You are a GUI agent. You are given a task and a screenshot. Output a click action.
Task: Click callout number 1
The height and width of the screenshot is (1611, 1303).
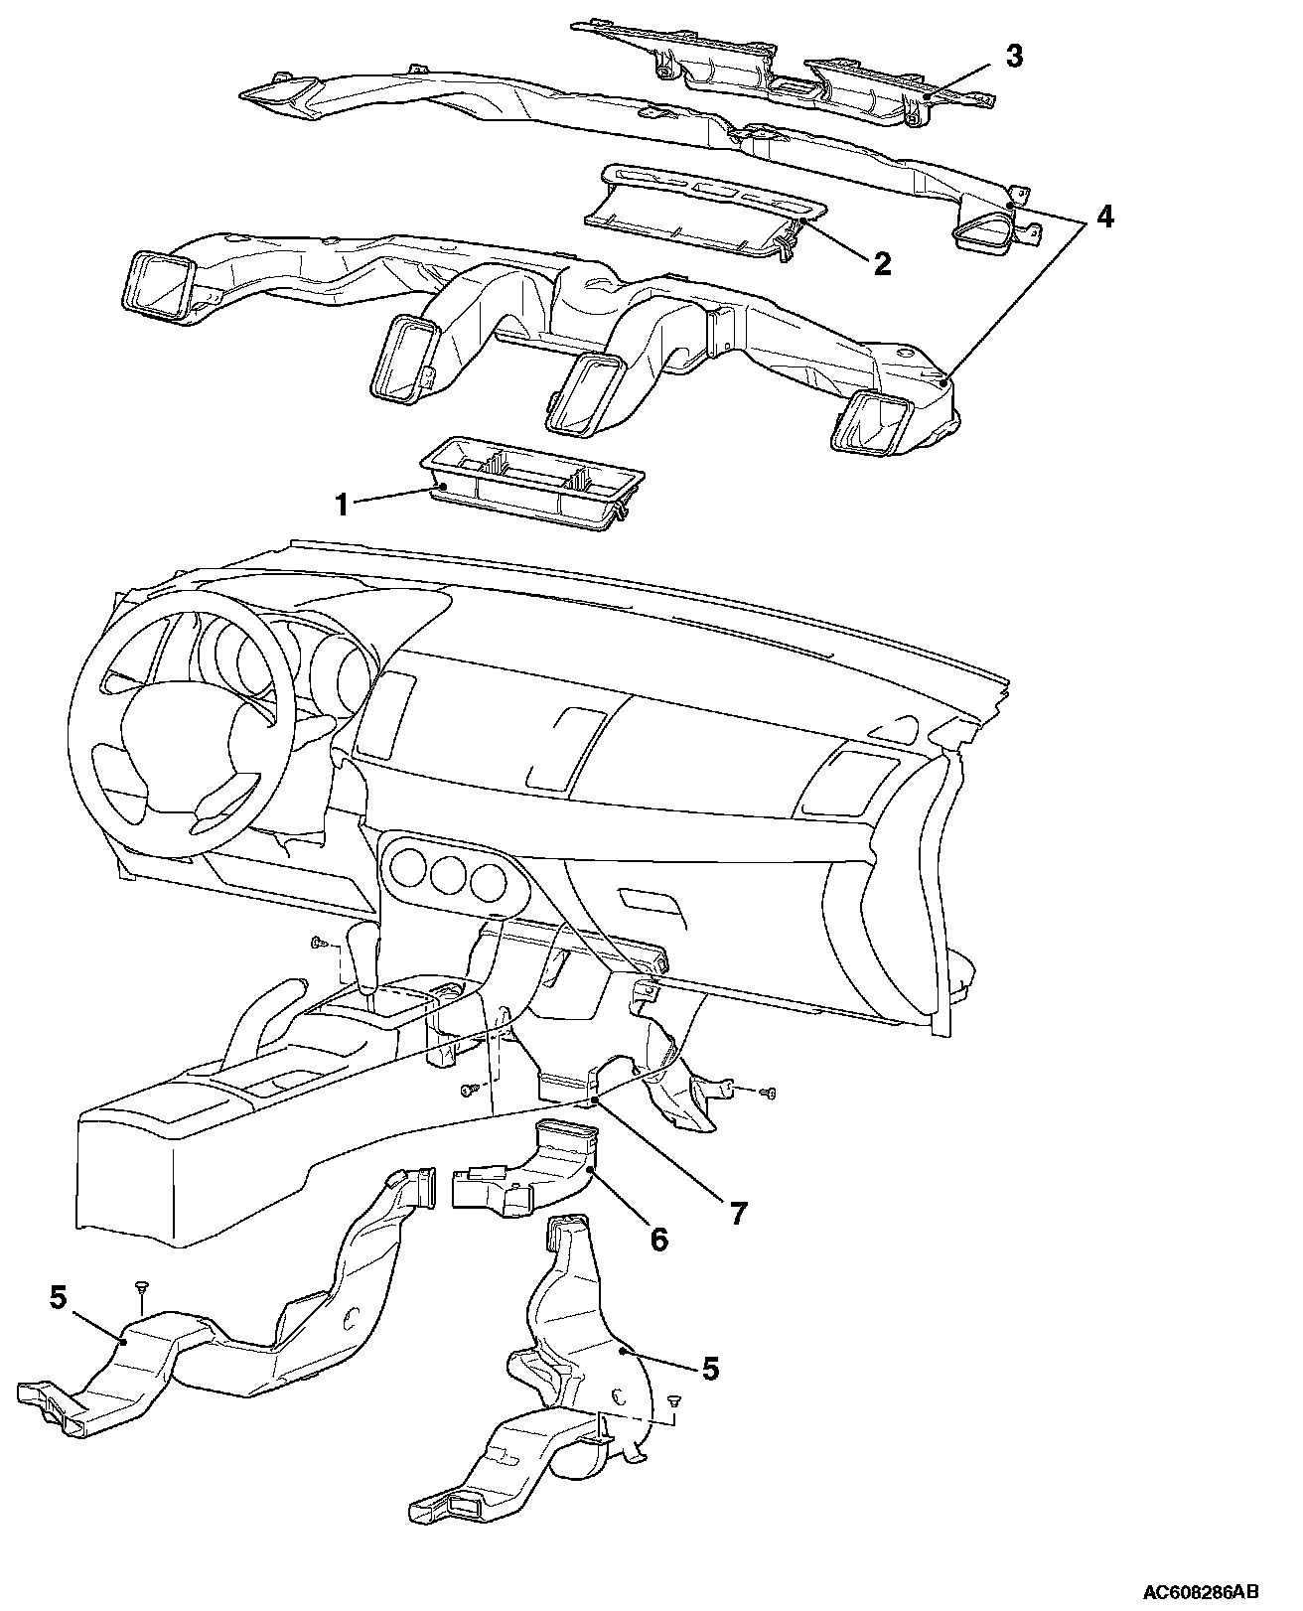341,505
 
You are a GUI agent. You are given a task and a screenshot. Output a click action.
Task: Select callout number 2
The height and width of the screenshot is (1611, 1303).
882,263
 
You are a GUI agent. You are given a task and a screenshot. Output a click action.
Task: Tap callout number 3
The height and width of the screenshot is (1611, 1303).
1013,56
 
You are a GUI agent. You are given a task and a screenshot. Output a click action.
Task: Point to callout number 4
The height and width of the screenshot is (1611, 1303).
1105,217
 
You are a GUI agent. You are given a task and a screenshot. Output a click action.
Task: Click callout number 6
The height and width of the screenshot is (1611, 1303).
658,1239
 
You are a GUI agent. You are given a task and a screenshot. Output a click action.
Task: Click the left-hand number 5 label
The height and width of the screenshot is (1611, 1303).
59,1297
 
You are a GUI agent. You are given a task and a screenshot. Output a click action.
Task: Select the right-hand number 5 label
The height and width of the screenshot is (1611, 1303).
709,1368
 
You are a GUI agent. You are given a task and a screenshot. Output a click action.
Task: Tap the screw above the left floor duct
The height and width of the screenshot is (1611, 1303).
142,1287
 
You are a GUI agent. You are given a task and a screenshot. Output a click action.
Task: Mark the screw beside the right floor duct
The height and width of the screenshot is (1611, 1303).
673,1400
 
